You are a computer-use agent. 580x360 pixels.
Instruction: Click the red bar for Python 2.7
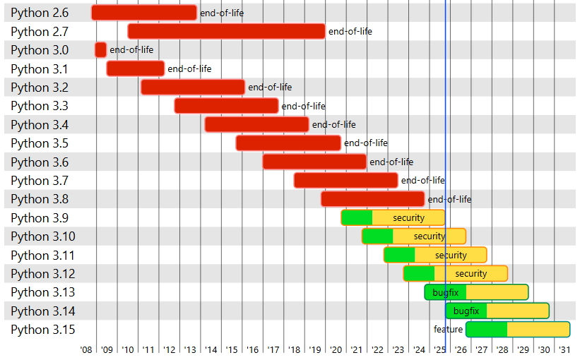tap(226, 31)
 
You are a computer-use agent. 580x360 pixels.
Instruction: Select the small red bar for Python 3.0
tap(100, 50)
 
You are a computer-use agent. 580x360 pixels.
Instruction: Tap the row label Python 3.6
tap(40, 162)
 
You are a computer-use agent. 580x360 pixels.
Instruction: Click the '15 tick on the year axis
tap(232, 349)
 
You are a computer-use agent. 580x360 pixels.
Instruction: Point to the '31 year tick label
tap(564, 349)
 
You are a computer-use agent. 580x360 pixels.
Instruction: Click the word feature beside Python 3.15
tap(448, 330)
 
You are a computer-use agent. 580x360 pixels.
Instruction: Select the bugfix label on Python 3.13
tap(445, 292)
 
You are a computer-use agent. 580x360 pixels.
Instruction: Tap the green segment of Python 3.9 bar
tap(357, 217)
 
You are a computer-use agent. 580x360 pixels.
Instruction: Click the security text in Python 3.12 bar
tap(470, 274)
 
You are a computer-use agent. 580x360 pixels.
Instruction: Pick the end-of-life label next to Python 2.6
tap(222, 13)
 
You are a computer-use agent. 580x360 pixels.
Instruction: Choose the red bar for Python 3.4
tap(256, 124)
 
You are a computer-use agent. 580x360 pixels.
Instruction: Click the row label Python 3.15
tap(42, 330)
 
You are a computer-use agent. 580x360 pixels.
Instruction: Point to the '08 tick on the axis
tap(86, 349)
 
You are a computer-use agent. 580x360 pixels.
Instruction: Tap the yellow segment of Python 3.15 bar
tap(538, 330)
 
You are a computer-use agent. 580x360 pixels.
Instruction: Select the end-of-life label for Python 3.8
tap(449, 199)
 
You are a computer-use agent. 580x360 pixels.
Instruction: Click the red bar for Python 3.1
tap(135, 68)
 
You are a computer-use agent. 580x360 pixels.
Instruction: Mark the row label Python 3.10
tap(42, 236)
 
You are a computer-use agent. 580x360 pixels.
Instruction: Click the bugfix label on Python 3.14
tap(466, 311)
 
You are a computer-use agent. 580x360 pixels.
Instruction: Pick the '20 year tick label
tap(336, 349)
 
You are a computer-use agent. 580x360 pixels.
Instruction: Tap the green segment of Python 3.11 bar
tap(399, 255)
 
